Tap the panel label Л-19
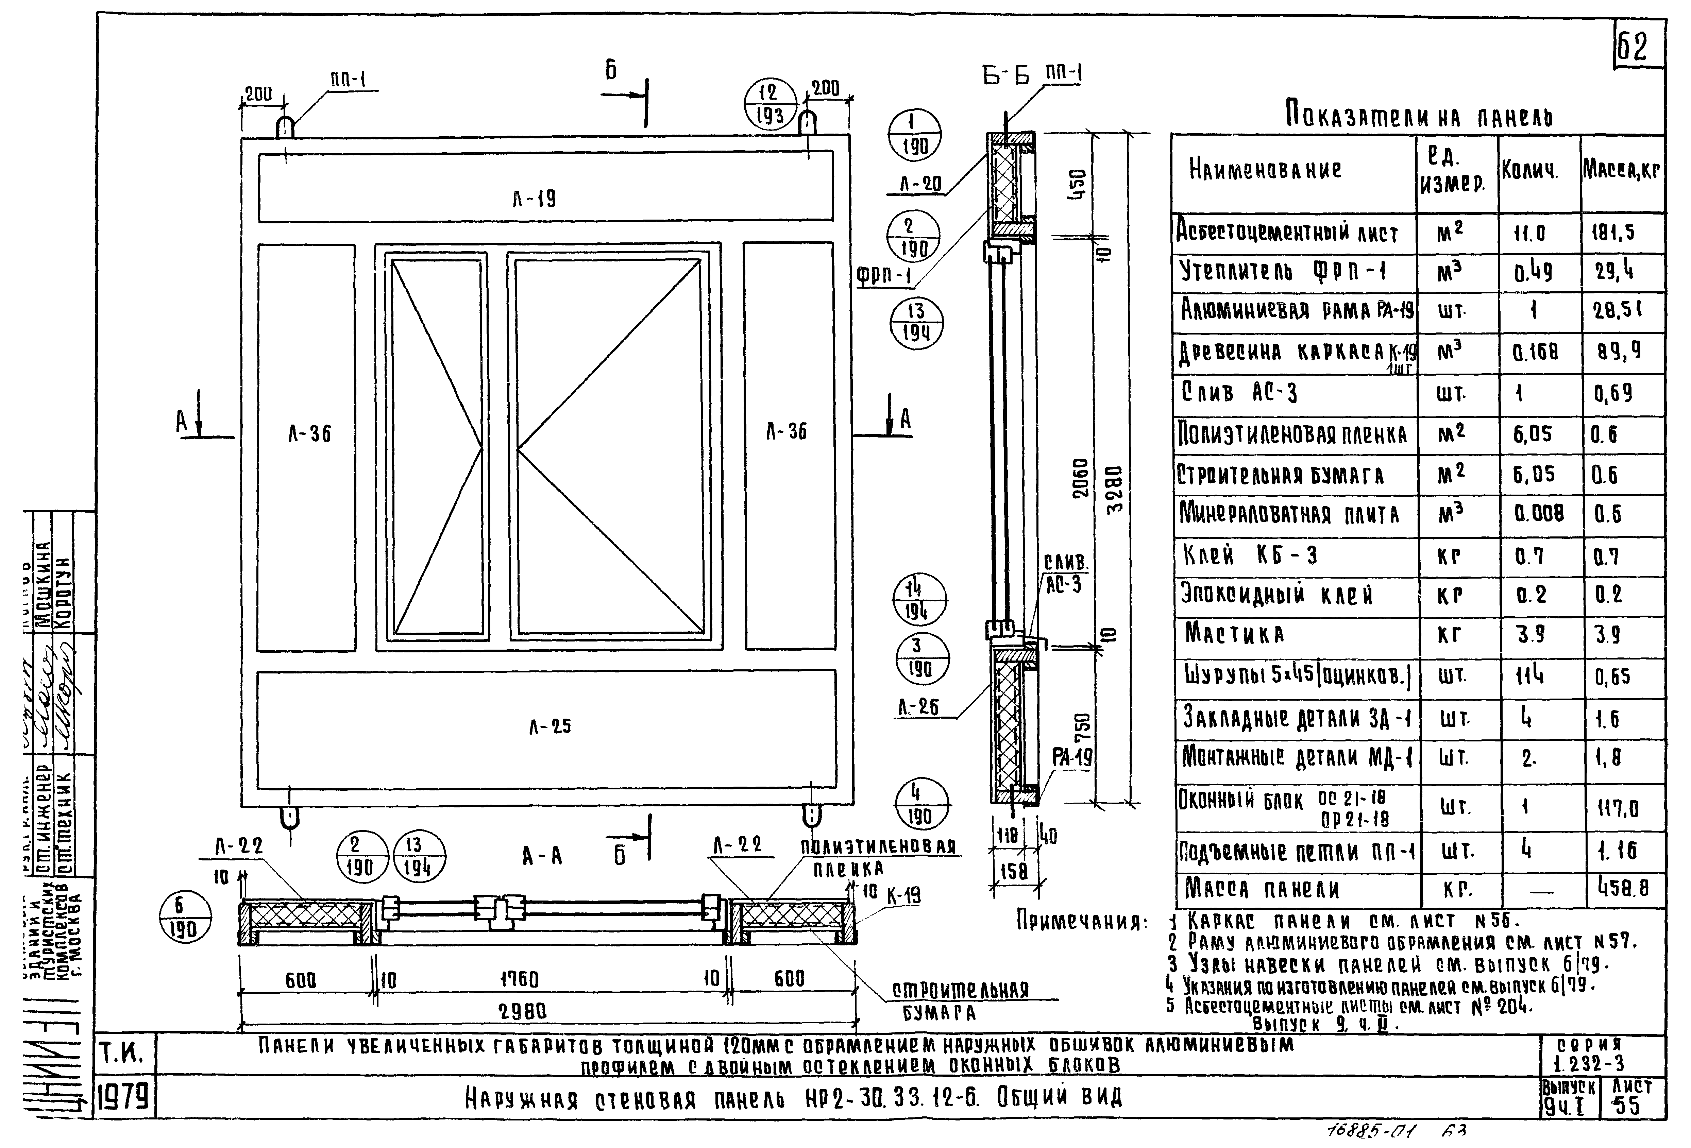pyautogui.click(x=535, y=199)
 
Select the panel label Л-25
pyautogui.click(x=550, y=726)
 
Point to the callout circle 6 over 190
pyautogui.click(x=185, y=916)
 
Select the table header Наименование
pyautogui.click(x=1265, y=170)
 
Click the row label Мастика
pyautogui.click(x=1234, y=634)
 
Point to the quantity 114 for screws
pyautogui.click(x=1529, y=676)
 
